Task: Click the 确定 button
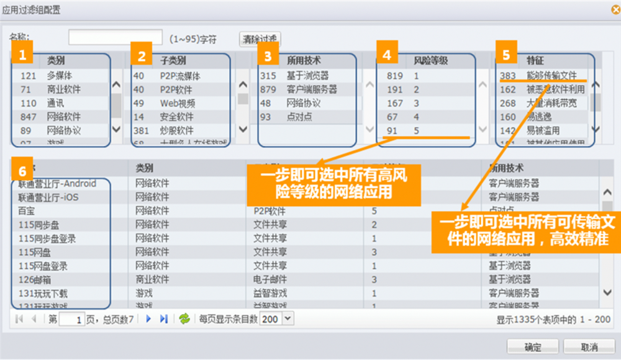[533, 346]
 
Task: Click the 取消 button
[589, 346]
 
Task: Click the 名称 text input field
[116, 38]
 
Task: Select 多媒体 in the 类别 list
[60, 76]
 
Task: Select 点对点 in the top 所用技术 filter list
[299, 117]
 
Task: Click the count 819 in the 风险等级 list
[394, 76]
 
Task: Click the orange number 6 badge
[22, 170]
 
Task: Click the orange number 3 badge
[268, 56]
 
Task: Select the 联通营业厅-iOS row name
[48, 197]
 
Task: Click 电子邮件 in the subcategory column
[270, 279]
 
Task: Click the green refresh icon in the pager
[184, 319]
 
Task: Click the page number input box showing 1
[72, 319]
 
